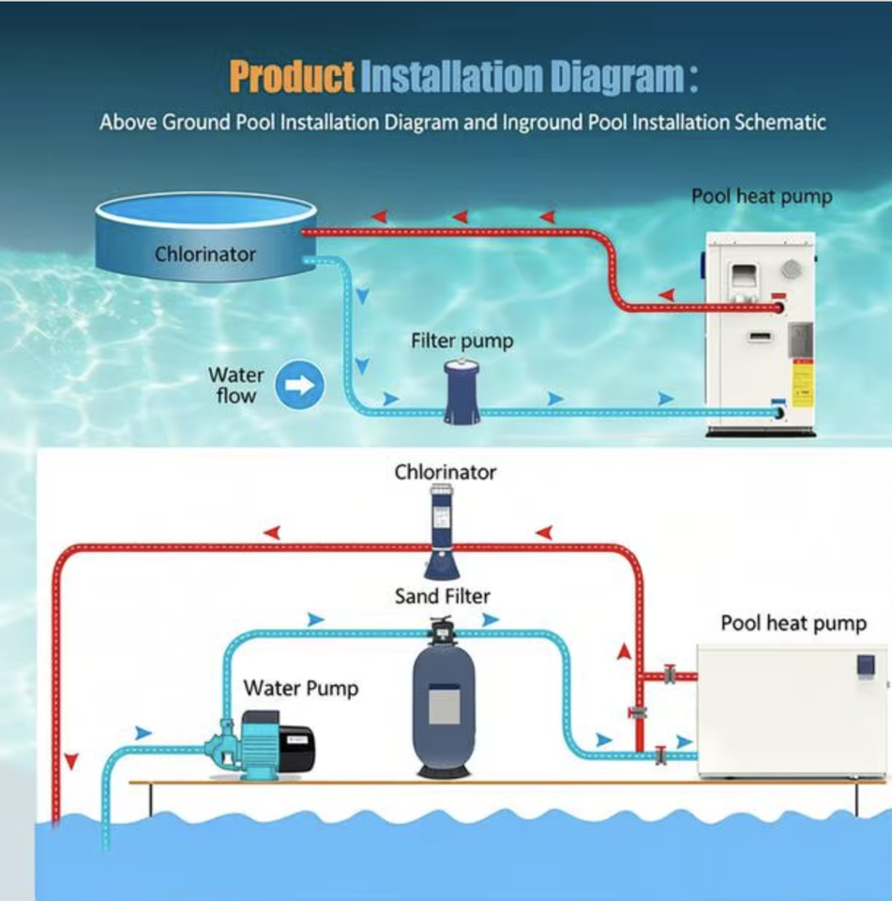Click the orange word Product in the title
(x=292, y=77)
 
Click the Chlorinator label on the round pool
(x=204, y=253)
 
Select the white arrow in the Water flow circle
(x=299, y=385)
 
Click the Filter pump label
(x=462, y=341)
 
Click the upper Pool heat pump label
(x=761, y=197)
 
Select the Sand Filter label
(x=442, y=596)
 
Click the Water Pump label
(x=300, y=688)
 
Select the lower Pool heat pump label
(x=793, y=623)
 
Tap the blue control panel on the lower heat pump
(x=865, y=665)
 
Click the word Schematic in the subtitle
(x=772, y=122)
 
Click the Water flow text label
(x=235, y=385)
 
